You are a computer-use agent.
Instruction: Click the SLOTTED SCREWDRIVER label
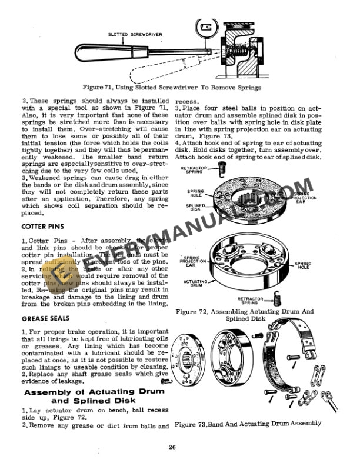[x=135, y=34]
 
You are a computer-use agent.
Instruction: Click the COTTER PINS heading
[x=44, y=225]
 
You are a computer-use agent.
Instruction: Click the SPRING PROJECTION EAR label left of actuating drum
[x=195, y=261]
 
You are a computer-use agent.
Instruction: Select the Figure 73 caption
[x=248, y=423]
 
